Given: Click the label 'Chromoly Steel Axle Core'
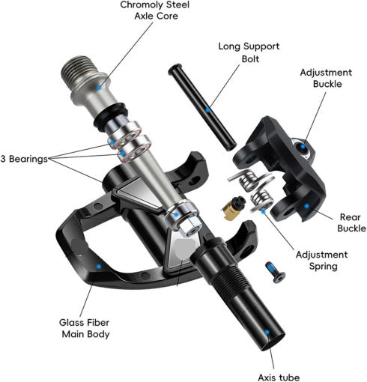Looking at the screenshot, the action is point(155,10).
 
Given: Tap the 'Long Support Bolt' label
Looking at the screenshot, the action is point(249,52).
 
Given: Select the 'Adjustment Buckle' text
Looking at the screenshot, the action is point(326,78).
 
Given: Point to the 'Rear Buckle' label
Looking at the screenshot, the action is point(351,222).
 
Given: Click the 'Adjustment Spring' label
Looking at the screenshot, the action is point(322,261).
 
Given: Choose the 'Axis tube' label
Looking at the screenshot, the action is point(279,377).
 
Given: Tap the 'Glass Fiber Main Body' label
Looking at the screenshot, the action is point(85,328).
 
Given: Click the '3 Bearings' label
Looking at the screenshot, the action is point(24,159).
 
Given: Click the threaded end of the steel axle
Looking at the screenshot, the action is point(79,69).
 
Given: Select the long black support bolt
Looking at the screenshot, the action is point(202,107).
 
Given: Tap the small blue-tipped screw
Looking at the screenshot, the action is point(276,272).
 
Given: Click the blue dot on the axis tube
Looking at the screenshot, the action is point(267,333).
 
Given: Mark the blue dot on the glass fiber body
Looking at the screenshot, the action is point(99,267).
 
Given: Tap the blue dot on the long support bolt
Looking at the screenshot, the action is point(207,110).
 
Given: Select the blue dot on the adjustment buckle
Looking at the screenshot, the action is point(303,147).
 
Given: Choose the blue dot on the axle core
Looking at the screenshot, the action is point(99,88).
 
